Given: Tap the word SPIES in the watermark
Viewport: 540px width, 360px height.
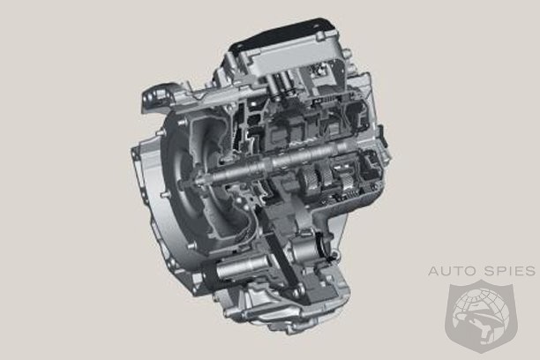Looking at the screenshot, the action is point(511,271).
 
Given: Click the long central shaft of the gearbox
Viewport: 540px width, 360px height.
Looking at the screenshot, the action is point(272,162).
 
